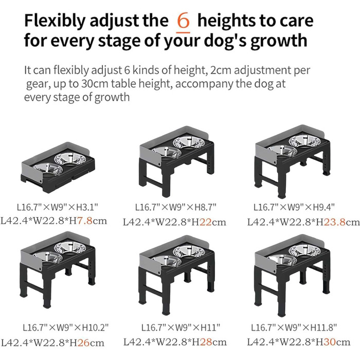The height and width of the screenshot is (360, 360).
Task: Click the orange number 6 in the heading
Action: tap(184, 21)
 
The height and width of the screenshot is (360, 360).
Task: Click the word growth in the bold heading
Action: tap(279, 41)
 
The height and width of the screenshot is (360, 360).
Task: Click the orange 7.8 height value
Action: tap(84, 221)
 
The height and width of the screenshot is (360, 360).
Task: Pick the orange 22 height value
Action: tap(206, 222)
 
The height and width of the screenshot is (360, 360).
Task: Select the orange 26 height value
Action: tap(83, 343)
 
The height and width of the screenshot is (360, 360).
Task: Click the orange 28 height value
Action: tap(206, 342)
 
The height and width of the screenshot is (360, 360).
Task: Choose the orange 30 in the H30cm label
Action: tap(330, 342)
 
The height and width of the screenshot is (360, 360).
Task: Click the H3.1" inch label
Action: tap(87, 207)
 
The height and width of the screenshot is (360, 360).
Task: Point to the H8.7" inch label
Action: tap(206, 207)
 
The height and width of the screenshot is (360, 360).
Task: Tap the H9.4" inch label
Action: tap(323, 207)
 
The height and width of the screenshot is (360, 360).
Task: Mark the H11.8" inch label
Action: tap(323, 328)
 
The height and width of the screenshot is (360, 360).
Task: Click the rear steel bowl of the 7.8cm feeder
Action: tap(70, 159)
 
